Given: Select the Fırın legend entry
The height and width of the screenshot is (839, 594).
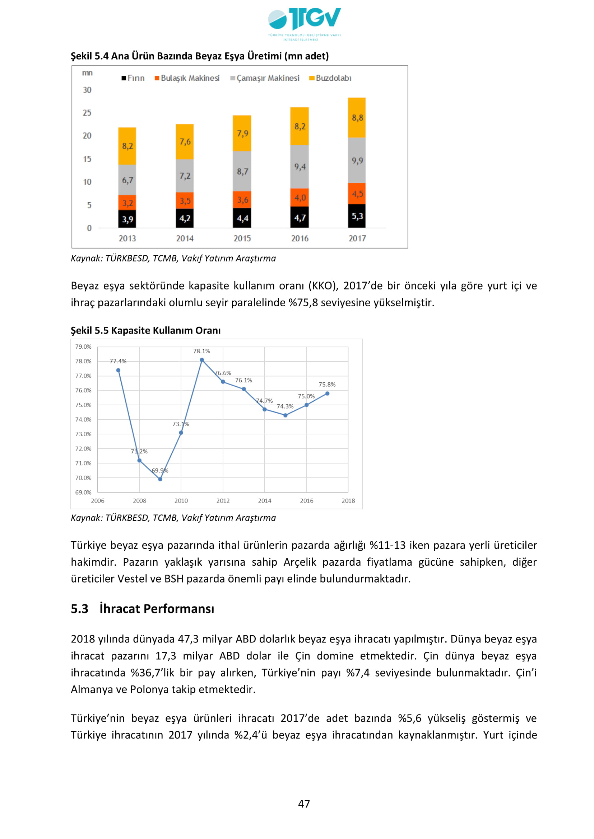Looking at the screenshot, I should tap(133, 78).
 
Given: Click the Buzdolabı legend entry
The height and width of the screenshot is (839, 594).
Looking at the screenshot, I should tap(330, 78).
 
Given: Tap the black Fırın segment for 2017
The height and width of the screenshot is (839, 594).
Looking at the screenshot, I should tap(357, 216).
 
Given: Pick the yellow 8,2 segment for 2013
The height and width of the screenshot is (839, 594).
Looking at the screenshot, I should tap(127, 146).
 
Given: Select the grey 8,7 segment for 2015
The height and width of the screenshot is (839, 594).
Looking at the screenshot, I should tap(242, 171).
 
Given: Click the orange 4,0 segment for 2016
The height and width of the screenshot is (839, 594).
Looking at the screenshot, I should tap(300, 198).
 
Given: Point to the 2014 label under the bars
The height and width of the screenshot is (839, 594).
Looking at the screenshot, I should tap(185, 239).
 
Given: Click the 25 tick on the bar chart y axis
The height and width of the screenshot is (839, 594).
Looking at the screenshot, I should tap(87, 113).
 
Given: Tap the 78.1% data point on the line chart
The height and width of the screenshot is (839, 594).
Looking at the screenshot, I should tap(202, 360).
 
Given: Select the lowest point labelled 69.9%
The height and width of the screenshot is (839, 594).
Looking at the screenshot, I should tap(160, 479).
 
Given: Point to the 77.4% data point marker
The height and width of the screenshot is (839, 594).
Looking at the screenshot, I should tap(118, 370).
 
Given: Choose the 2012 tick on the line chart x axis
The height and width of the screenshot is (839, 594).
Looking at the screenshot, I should tap(223, 501).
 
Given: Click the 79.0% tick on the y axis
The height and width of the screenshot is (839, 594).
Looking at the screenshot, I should tap(83, 347).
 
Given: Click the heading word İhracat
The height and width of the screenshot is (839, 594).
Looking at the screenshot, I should tap(120, 609).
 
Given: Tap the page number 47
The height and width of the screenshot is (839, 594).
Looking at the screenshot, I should tap(304, 804).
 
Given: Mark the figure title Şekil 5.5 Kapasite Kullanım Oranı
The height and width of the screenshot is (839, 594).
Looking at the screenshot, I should tap(145, 330).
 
